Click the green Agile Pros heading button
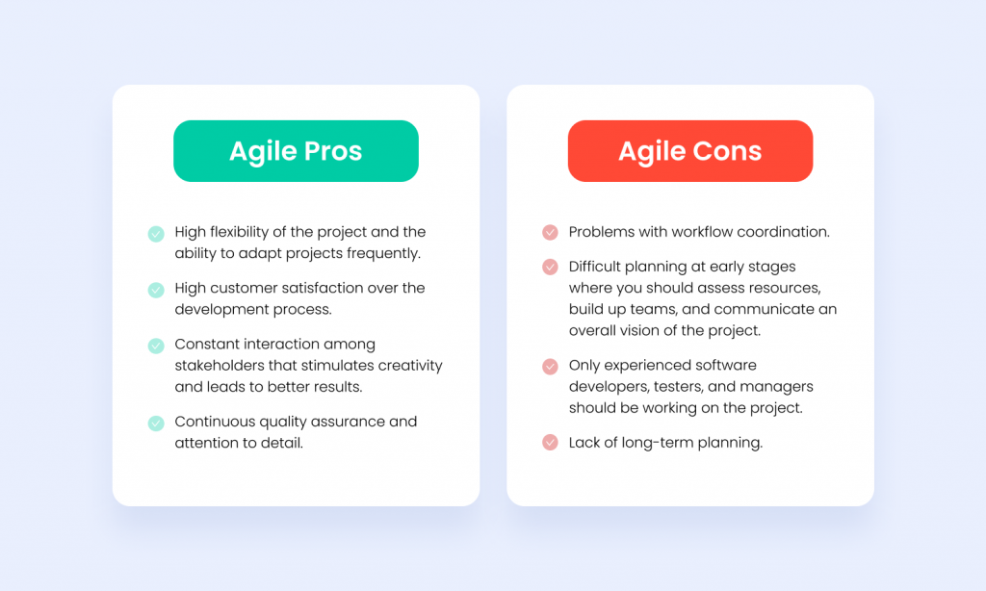296,151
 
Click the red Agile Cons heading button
689,151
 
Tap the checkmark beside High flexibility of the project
155,233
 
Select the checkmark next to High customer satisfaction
155,289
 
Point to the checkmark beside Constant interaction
155,346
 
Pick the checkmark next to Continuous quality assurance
155,423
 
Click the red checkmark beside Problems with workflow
550,233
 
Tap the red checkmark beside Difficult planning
550,268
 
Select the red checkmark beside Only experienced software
550,367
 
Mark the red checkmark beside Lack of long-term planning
550,443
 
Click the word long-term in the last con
653,443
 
